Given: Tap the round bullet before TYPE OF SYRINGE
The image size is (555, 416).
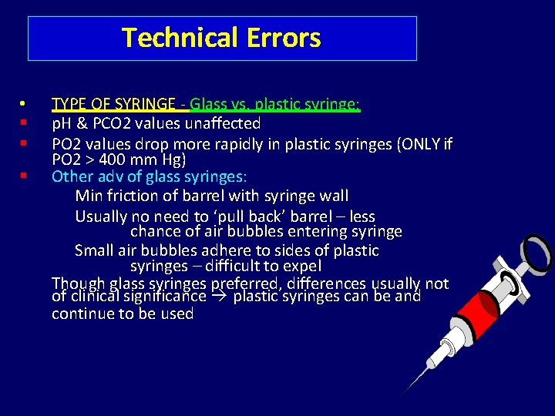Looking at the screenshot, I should [x=24, y=103].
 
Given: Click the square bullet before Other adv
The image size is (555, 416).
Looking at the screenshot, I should [x=24, y=176].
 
